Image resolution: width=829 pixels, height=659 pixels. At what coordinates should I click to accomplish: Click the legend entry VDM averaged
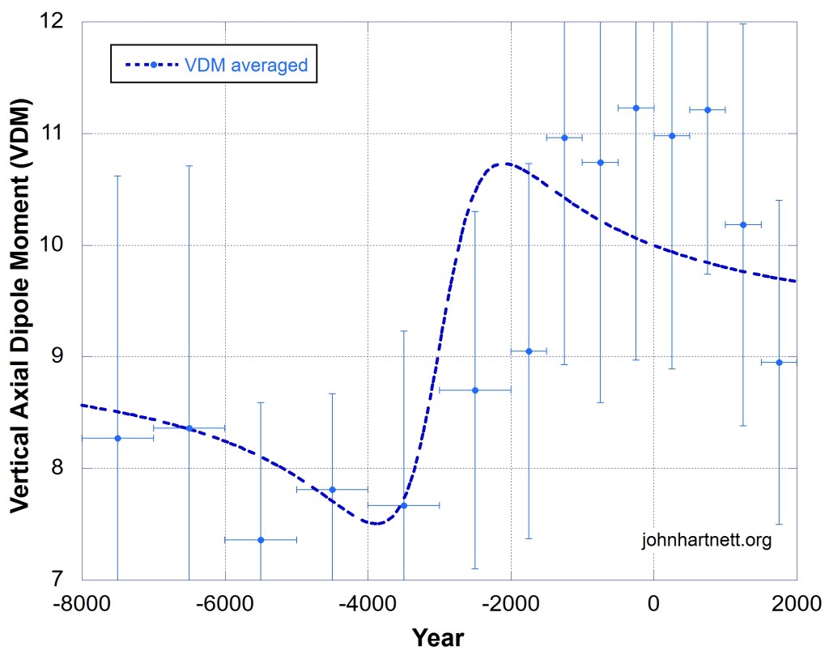pos(214,65)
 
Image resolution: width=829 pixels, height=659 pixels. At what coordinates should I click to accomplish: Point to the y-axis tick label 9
pos(65,357)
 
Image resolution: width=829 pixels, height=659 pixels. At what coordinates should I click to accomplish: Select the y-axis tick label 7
pos(65,580)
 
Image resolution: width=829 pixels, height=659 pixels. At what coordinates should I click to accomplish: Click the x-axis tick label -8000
pos(82,604)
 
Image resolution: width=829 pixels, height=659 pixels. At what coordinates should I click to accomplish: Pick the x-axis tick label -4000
pos(368,604)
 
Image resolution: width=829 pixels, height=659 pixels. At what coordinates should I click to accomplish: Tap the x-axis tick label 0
pos(654,604)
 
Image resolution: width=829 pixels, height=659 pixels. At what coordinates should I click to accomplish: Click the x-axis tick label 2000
pos(796,604)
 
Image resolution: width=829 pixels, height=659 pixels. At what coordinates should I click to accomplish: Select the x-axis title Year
pos(438,638)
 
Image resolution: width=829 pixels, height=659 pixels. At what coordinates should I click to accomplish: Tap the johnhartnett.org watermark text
pos(705,539)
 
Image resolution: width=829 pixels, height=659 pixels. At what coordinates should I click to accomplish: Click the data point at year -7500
pos(117,438)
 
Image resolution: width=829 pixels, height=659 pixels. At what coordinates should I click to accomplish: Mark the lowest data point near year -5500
pos(261,539)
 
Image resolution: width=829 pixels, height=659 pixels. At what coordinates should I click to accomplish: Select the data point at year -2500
pos(475,390)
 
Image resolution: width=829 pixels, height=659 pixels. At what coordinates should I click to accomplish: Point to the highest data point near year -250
pos(636,108)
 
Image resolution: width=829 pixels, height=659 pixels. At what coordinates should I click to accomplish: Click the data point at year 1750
pos(779,362)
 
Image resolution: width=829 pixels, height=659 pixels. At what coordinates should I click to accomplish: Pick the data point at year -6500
pos(189,427)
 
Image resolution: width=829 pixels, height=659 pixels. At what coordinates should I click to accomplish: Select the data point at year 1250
pos(743,224)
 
